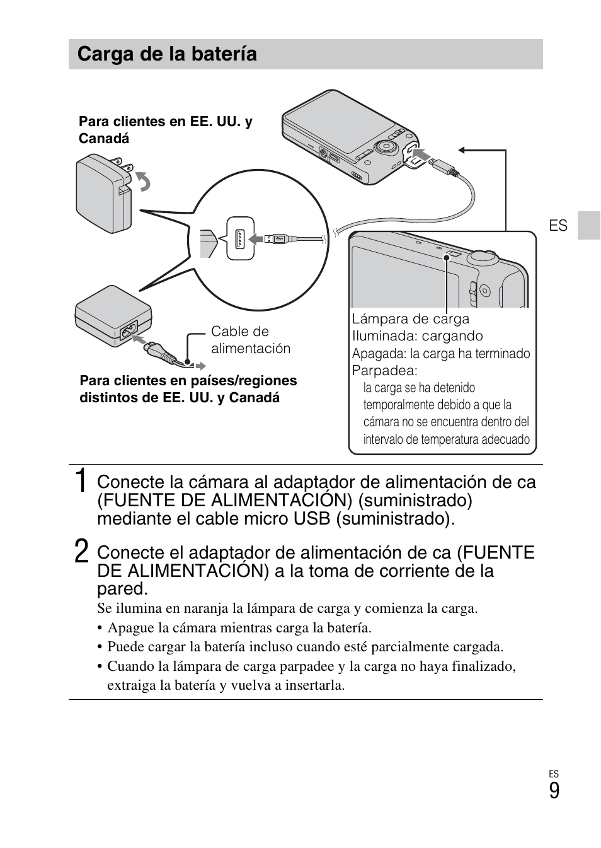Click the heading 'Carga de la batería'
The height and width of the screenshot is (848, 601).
[167, 54]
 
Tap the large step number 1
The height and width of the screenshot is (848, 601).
[81, 482]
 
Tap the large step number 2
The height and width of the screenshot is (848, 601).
[81, 552]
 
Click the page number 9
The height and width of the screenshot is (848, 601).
[554, 791]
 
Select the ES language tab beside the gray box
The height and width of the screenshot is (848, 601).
[558, 226]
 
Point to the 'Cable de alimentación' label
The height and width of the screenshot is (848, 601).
[250, 340]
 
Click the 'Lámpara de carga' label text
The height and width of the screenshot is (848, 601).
[410, 319]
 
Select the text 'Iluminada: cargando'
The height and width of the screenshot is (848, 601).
[417, 336]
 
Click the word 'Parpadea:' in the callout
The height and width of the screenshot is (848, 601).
[384, 371]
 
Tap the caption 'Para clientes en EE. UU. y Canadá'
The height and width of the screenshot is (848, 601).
[165, 130]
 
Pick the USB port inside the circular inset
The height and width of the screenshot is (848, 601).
[240, 239]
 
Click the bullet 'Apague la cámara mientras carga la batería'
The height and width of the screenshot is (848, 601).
[239, 628]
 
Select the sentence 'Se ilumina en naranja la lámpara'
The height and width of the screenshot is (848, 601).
[287, 608]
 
